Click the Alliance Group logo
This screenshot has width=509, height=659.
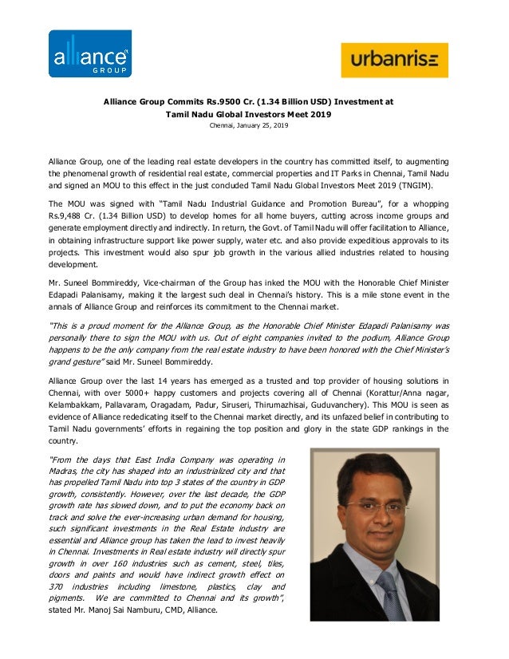tap(90, 54)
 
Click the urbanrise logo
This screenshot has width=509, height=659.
tap(394, 60)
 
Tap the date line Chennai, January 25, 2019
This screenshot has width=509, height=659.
tap(248, 126)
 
